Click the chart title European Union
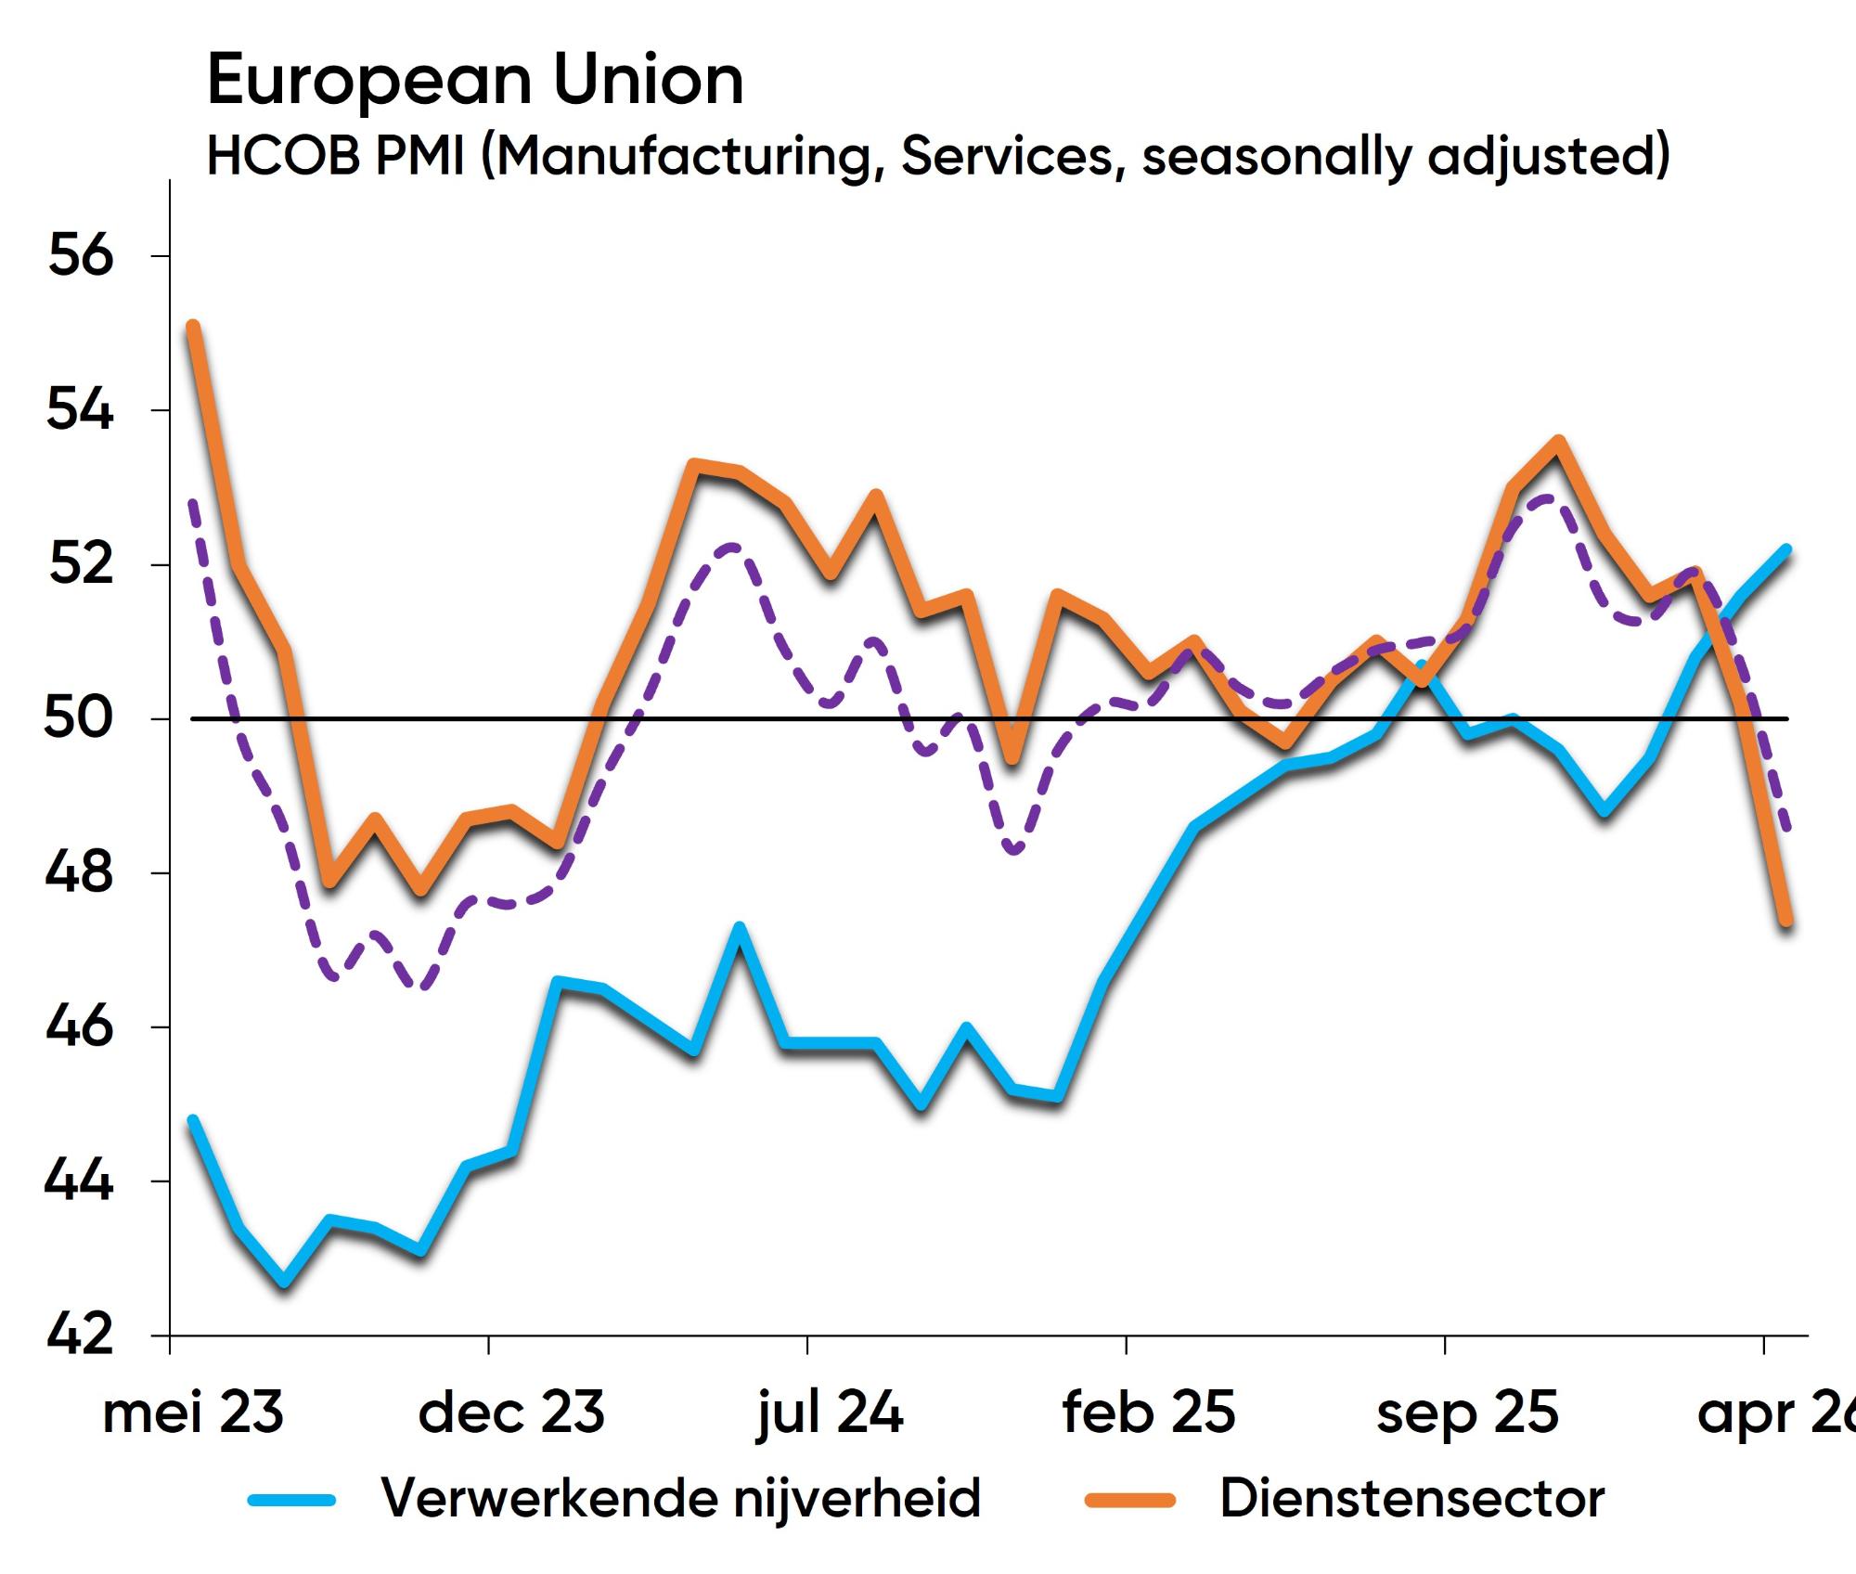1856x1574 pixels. click(475, 80)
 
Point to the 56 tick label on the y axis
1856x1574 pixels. click(81, 255)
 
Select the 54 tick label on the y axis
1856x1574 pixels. click(80, 409)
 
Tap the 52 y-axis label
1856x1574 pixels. click(81, 563)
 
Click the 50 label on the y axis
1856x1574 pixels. click(79, 717)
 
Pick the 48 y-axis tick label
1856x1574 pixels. click(80, 872)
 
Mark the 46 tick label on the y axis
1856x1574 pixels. click(80, 1026)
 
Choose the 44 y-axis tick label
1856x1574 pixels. click(79, 1180)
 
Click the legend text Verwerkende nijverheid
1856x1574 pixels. click(681, 1498)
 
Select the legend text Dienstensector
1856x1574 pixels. click(1411, 1498)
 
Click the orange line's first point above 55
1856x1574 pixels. click(193, 326)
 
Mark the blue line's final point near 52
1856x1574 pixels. click(1785, 549)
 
